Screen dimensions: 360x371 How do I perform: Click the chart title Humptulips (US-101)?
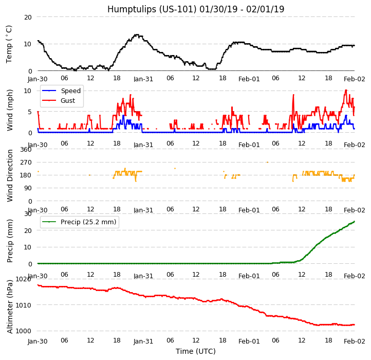195,9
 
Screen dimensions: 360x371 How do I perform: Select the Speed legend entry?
70,91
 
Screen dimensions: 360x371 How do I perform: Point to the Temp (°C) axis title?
9,44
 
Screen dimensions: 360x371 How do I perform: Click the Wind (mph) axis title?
10,110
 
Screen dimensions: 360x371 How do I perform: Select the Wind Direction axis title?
10,175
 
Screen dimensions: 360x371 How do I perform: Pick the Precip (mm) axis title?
10,240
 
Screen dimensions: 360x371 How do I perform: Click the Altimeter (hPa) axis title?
10,306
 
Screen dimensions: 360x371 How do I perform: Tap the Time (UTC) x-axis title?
195,351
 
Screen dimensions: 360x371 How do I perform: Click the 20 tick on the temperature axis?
28,17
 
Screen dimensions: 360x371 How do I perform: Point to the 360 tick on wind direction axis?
26,150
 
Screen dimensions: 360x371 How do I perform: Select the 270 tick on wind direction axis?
26,163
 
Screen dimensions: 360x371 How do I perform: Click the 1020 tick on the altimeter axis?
24,279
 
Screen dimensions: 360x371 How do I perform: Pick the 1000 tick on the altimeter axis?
24,331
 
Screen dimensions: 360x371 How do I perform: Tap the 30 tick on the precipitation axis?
28,214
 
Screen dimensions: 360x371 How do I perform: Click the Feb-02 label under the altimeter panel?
355,341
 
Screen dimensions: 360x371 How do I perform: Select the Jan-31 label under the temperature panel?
143,79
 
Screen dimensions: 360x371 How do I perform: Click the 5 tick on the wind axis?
29,112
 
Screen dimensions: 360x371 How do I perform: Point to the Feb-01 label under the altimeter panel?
249,341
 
